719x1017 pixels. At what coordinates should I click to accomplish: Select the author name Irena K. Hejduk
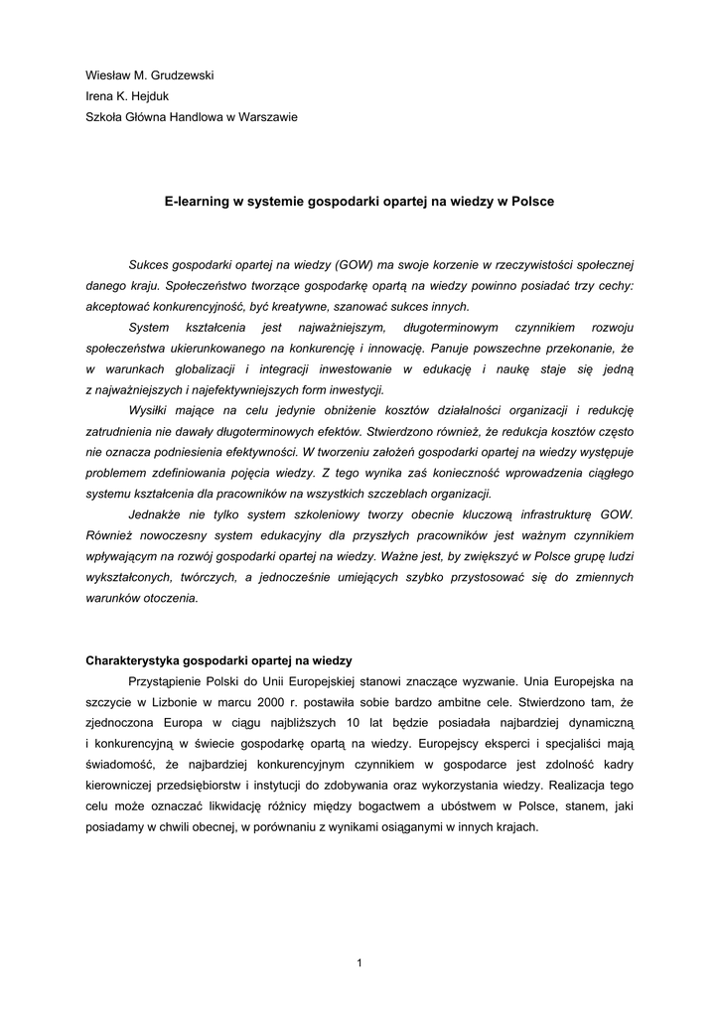pyautogui.click(x=129, y=95)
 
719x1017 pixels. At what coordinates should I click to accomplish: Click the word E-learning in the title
pyautogui.click(x=197, y=201)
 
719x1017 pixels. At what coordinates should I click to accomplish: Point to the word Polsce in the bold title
pyautogui.click(x=530, y=201)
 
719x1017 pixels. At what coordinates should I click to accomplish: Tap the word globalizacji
pyautogui.click(x=182, y=368)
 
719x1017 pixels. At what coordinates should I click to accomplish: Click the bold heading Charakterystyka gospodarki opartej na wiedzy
pyautogui.click(x=219, y=660)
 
